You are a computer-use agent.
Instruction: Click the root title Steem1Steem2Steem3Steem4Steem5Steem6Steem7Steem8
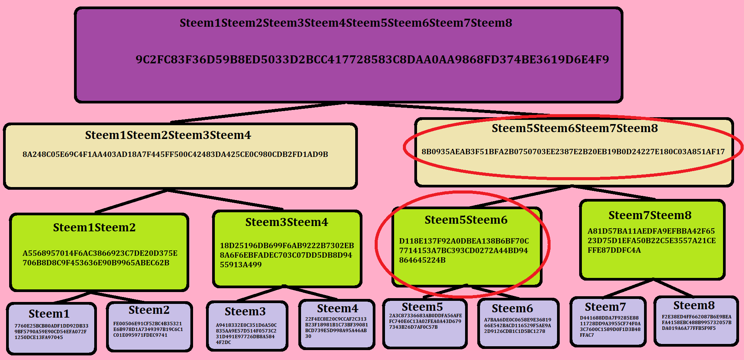click(x=346, y=23)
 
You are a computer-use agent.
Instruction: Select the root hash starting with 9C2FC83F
click(x=372, y=60)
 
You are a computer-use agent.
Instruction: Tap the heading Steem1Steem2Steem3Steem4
click(x=168, y=135)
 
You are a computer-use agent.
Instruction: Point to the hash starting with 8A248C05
click(x=175, y=154)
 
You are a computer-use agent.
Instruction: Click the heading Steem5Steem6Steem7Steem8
click(x=575, y=128)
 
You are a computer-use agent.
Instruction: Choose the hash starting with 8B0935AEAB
click(x=573, y=152)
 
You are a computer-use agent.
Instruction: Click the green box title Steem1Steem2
click(x=94, y=228)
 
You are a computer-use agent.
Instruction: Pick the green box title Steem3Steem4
click(x=287, y=222)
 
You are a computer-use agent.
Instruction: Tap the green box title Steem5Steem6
click(x=466, y=220)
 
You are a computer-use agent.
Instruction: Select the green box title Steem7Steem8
click(x=650, y=215)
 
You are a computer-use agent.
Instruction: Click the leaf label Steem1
click(x=49, y=314)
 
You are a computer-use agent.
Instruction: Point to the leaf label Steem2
click(x=149, y=310)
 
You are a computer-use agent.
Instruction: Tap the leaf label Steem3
click(x=245, y=312)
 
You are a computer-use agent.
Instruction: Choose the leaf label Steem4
click(x=338, y=308)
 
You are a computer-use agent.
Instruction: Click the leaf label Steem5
click(x=422, y=307)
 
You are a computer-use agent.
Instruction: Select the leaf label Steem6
click(x=512, y=308)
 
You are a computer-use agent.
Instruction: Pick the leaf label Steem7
click(x=606, y=307)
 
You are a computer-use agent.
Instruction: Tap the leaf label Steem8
click(x=694, y=305)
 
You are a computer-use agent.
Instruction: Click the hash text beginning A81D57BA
click(x=652, y=241)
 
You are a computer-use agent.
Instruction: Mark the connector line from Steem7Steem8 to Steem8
click(x=673, y=288)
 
